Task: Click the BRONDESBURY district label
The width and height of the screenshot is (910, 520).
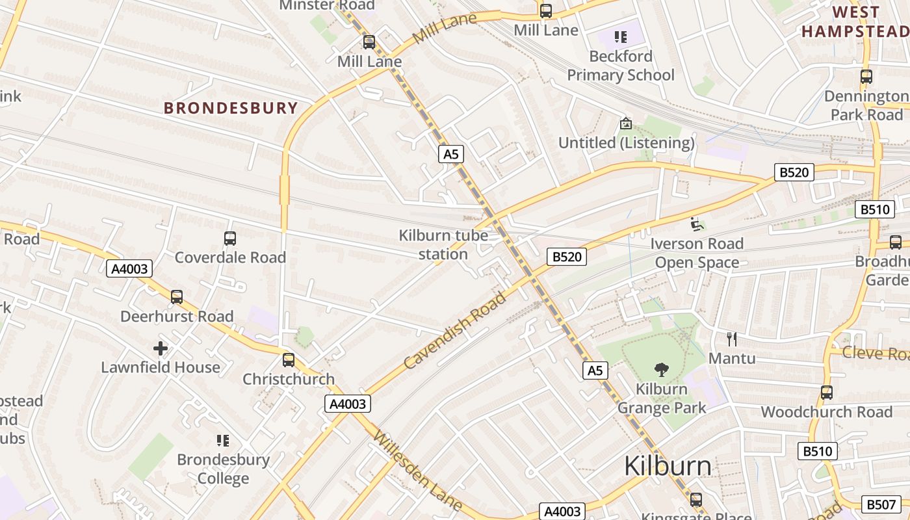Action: pos(231,108)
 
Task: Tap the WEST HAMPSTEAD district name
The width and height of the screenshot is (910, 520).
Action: pos(855,21)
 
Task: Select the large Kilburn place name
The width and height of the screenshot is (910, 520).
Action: pos(668,466)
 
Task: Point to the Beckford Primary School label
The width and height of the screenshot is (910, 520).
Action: pos(621,66)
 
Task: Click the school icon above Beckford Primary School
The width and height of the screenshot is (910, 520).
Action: pos(621,37)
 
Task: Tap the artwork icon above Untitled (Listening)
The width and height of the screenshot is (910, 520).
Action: pos(625,123)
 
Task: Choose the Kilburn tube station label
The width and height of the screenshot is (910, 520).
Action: pos(443,244)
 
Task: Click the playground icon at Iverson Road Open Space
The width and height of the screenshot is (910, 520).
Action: pos(696,224)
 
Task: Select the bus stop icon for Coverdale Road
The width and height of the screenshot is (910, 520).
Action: pos(230,238)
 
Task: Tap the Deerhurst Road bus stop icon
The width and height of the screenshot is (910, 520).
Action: pos(177,297)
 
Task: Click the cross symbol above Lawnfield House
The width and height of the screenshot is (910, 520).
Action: pos(161,348)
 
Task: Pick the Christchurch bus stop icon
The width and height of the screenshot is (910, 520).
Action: pos(289,359)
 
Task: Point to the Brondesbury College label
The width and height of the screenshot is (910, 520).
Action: pos(223,469)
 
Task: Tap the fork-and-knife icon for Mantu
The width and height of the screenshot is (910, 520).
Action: pos(732,339)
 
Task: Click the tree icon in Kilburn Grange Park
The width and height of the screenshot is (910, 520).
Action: pos(661,370)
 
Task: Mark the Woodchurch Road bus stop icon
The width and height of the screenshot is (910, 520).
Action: pos(826,393)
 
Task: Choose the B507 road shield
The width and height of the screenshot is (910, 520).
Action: pos(881,504)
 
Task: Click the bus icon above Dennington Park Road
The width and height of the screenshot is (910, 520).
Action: pos(866,77)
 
